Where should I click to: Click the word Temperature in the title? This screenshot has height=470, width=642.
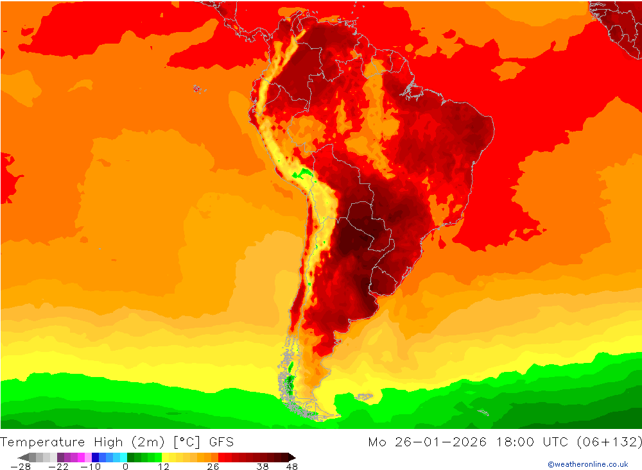(43, 442)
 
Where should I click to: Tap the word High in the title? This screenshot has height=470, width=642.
(107, 442)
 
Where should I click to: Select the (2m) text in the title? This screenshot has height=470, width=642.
(148, 442)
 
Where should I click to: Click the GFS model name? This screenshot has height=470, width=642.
(221, 442)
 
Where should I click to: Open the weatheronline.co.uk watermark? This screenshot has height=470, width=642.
(587, 464)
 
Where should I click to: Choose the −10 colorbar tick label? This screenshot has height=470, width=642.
(90, 467)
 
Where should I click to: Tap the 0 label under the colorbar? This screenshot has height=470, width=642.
(125, 467)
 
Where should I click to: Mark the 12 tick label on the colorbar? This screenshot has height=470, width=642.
(164, 467)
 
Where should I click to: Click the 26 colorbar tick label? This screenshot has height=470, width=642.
(213, 467)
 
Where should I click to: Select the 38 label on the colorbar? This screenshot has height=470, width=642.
(262, 467)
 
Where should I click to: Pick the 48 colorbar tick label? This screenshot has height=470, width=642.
(291, 467)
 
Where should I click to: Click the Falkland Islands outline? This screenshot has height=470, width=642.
(364, 397)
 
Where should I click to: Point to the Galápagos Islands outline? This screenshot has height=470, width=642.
(196, 88)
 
